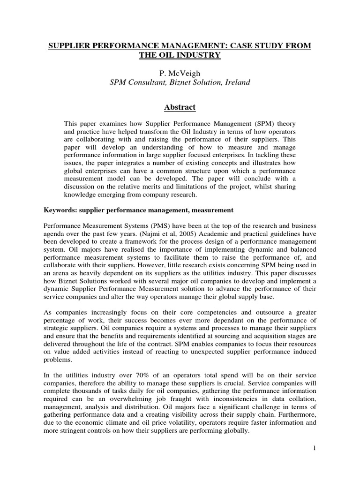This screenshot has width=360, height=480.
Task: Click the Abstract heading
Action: [x=180, y=107]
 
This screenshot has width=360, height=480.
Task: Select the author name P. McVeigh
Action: [x=180, y=73]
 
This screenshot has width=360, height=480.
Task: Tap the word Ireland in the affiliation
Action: [x=237, y=82]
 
